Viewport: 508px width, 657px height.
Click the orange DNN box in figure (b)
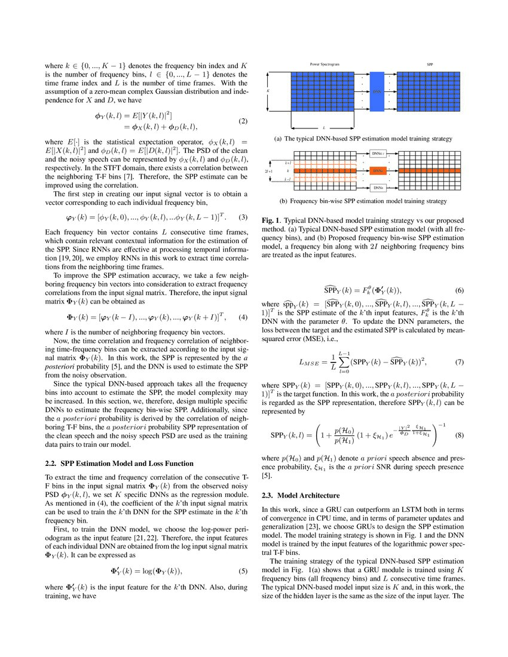pyautogui.click(x=377, y=170)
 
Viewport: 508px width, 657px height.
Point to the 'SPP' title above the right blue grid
pyautogui.click(x=430, y=63)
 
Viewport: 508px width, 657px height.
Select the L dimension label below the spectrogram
pyautogui.click(x=323, y=127)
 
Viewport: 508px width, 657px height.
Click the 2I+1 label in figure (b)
pyautogui.click(x=268, y=170)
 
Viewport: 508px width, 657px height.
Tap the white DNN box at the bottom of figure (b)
pyautogui.click(x=377, y=188)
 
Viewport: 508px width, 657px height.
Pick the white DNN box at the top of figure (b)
pyautogui.click(x=377, y=153)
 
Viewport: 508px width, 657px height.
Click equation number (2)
pyautogui.click(x=243, y=121)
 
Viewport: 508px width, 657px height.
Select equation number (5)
pyautogui.click(x=243, y=570)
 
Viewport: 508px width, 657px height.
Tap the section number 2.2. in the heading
pyautogui.click(x=51, y=462)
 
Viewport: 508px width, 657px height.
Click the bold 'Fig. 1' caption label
pyautogui.click(x=271, y=220)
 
